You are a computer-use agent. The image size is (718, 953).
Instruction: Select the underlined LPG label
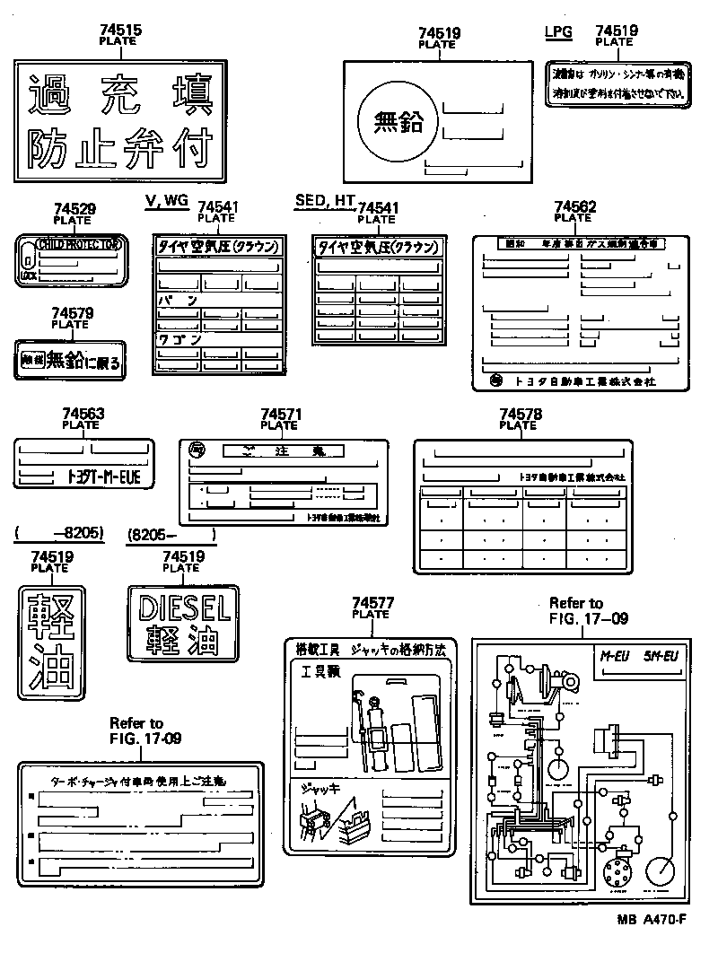pyautogui.click(x=557, y=31)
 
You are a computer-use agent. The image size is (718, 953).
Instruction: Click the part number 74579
pyautogui.click(x=73, y=313)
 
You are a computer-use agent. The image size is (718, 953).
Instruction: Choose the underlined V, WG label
pyautogui.click(x=166, y=200)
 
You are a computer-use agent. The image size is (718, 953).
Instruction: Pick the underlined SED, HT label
pyautogui.click(x=325, y=200)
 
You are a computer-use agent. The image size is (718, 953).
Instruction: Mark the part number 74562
pyautogui.click(x=574, y=206)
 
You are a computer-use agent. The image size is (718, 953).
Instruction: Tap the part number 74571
pyautogui.click(x=280, y=414)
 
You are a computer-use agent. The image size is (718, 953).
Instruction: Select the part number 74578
pyautogui.click(x=520, y=414)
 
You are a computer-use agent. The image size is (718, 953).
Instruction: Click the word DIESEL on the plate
pyautogui.click(x=185, y=609)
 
